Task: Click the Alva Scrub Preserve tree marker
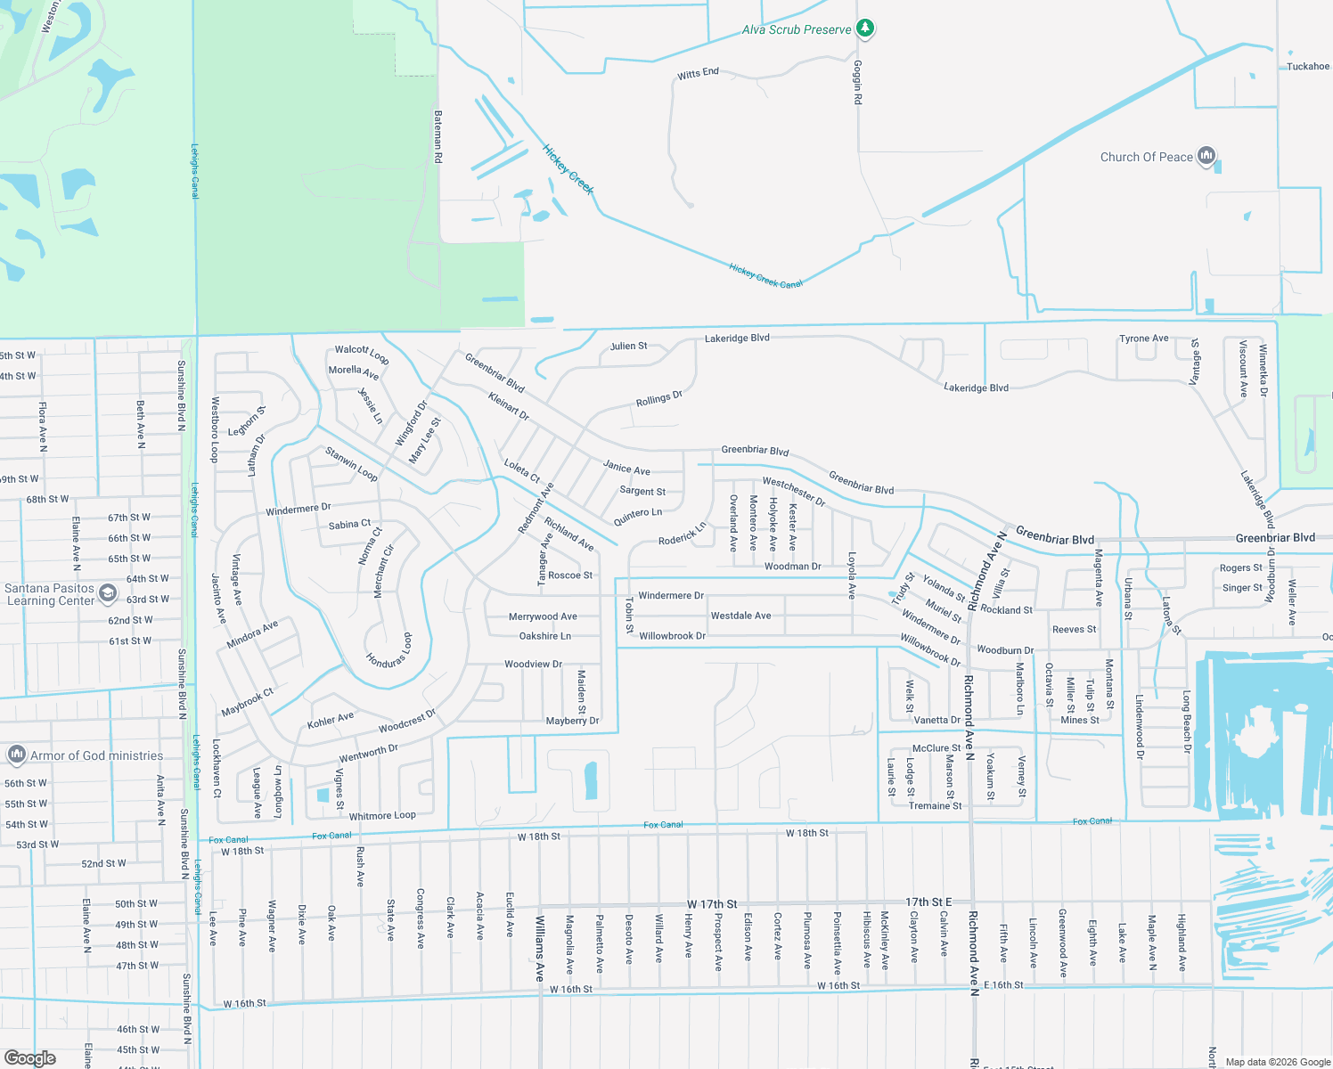(864, 29)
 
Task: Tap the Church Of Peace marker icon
(1206, 157)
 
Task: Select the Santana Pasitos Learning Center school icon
(108, 593)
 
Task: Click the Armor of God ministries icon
(16, 755)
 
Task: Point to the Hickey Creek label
(568, 170)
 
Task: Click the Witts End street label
(698, 74)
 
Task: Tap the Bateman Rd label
(438, 136)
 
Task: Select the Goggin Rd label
(857, 82)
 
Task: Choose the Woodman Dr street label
(792, 567)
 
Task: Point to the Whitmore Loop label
(382, 816)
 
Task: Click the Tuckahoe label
(1307, 67)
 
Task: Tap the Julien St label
(629, 347)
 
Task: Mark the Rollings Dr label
(658, 399)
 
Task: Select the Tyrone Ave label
(1143, 339)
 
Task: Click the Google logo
(30, 1058)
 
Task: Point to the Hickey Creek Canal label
(765, 276)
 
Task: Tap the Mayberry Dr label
(572, 721)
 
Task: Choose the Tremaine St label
(935, 806)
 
